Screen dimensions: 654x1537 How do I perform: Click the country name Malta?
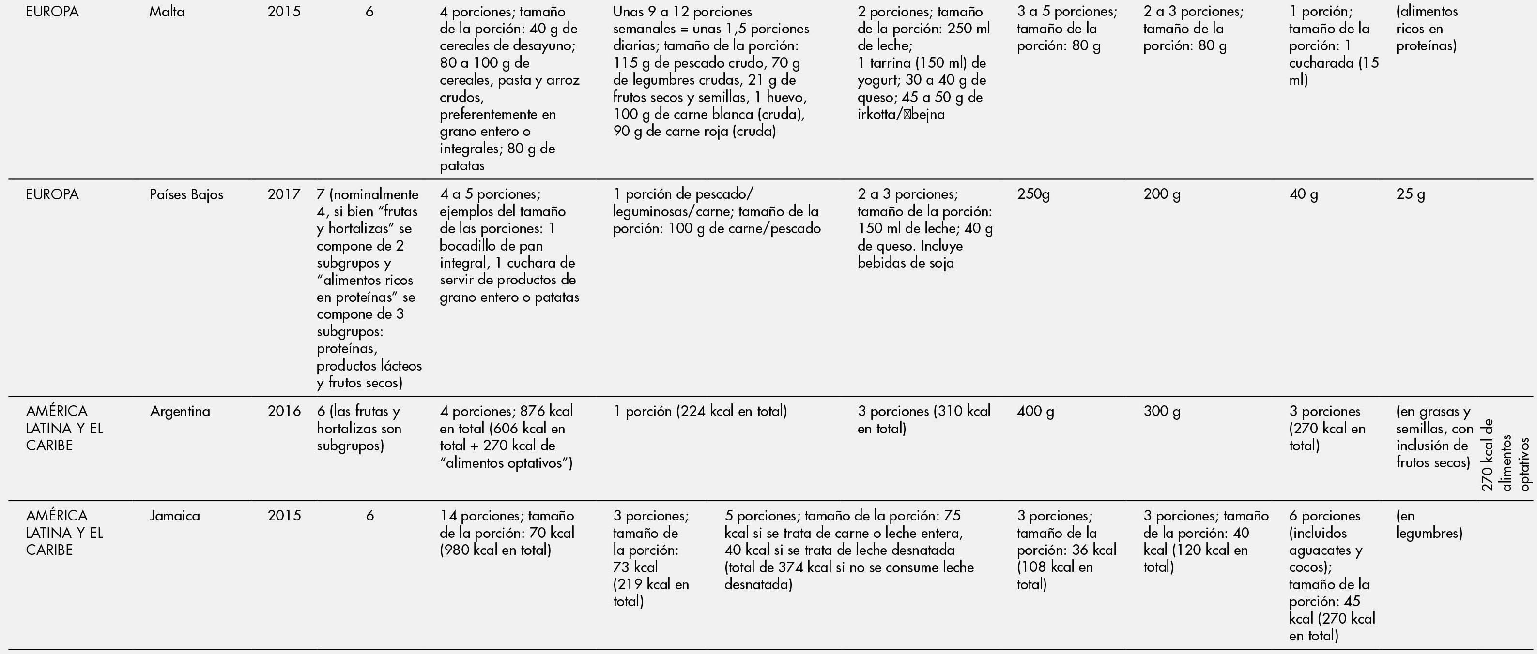[x=167, y=11]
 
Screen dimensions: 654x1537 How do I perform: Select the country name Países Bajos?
[x=186, y=194]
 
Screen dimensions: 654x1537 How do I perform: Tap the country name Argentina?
[x=180, y=411]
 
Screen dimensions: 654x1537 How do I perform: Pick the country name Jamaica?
[x=174, y=516]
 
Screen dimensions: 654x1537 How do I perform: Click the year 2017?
[x=284, y=194]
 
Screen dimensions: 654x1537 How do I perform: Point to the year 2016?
[x=284, y=411]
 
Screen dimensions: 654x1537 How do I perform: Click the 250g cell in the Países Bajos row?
[x=1033, y=194]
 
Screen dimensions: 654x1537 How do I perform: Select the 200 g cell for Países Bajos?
[x=1161, y=194]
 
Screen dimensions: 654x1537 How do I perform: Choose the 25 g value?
[x=1410, y=194]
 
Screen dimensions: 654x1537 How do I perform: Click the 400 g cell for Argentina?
[x=1035, y=411]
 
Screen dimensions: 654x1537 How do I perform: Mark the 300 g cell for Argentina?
[x=1161, y=411]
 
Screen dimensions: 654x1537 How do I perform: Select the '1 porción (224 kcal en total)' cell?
[x=700, y=411]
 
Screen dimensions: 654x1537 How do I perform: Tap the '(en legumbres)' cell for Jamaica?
[x=1429, y=524]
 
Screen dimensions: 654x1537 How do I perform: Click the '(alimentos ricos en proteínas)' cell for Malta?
[x=1426, y=28]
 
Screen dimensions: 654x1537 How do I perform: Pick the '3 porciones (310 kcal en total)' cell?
[x=923, y=420]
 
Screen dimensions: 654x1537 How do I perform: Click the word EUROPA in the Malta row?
[x=52, y=11]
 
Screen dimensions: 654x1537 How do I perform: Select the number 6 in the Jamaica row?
[x=369, y=516]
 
